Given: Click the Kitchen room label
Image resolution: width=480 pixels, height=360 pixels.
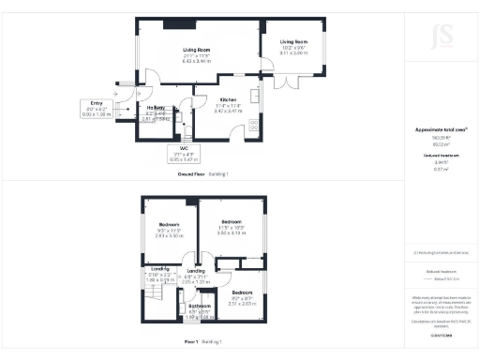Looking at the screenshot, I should coord(229,99).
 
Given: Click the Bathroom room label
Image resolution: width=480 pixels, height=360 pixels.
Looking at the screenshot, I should coord(200,306).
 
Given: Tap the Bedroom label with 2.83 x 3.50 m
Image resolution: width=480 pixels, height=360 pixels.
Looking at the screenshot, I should coord(169,225).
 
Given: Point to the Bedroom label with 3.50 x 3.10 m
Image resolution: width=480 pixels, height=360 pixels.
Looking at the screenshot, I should coord(231,225).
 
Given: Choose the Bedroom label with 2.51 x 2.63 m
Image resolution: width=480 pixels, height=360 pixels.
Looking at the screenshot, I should coord(242,292).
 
